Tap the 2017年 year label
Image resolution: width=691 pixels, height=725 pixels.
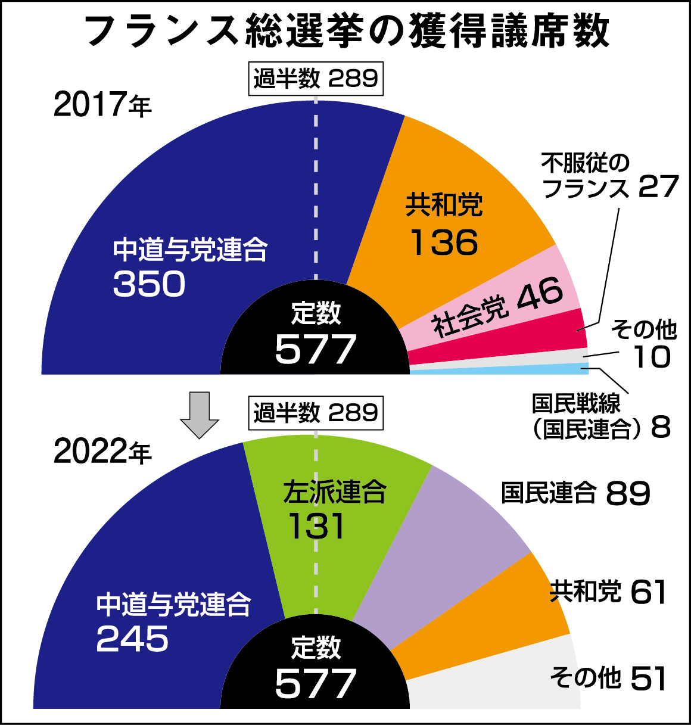pyautogui.click(x=102, y=105)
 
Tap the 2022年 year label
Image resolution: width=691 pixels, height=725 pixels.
pyautogui.click(x=102, y=452)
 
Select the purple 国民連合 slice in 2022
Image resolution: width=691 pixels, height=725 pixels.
pyautogui.click(x=441, y=548)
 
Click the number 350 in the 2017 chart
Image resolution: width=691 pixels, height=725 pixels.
pyautogui.click(x=149, y=284)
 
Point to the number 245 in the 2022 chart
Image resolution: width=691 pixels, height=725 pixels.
pyautogui.click(x=132, y=639)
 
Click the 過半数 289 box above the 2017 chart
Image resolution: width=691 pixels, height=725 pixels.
pyautogui.click(x=316, y=79)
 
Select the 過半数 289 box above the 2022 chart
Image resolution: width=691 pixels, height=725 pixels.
pyautogui.click(x=316, y=413)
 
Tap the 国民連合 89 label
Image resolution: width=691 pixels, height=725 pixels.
pyautogui.click(x=575, y=493)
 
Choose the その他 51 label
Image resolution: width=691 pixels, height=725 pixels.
pyautogui.click(x=608, y=679)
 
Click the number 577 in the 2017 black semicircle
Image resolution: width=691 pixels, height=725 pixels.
pyautogui.click(x=315, y=350)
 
